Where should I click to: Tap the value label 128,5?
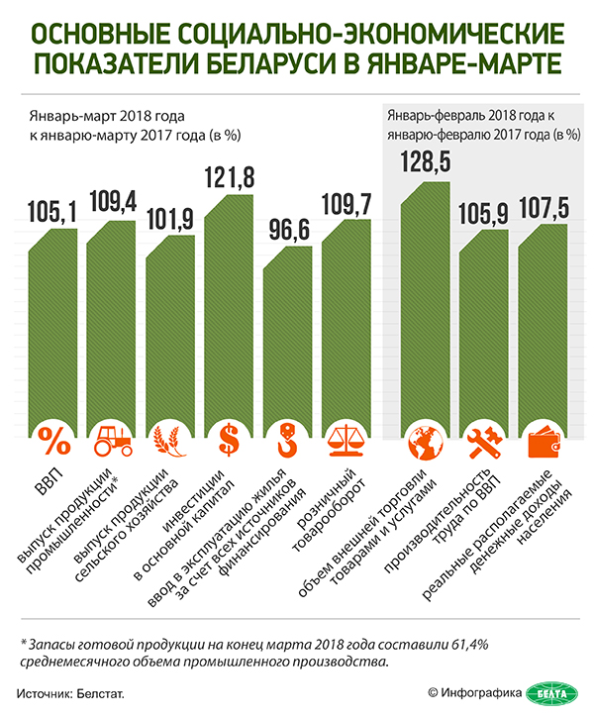click(425, 162)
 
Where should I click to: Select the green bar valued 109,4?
click(110, 327)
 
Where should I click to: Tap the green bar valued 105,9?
click(483, 327)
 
